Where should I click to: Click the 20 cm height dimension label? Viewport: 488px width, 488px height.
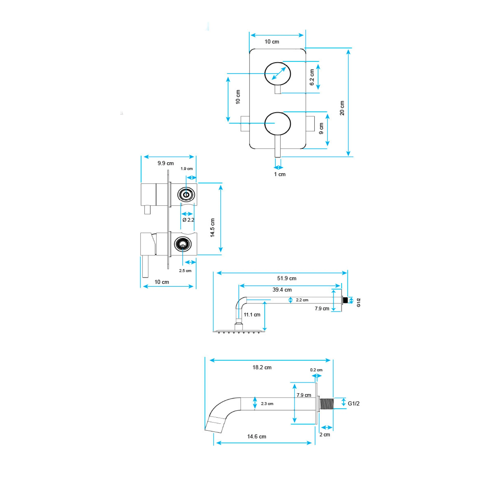pyautogui.click(x=342, y=108)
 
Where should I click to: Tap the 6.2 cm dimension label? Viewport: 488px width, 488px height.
pyautogui.click(x=312, y=77)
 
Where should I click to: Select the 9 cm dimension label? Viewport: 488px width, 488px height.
pyautogui.click(x=321, y=128)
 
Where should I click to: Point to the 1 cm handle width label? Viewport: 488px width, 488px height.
pyautogui.click(x=280, y=174)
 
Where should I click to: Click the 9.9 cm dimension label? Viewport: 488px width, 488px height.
pyautogui.click(x=166, y=163)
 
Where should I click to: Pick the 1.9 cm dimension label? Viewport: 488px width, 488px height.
pyautogui.click(x=187, y=169)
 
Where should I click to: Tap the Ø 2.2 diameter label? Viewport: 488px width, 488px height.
pyautogui.click(x=188, y=220)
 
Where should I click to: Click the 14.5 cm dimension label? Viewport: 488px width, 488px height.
pyautogui.click(x=213, y=228)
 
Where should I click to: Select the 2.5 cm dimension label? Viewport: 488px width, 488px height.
pyautogui.click(x=185, y=271)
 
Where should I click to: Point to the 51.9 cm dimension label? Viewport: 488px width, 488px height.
pyautogui.click(x=287, y=278)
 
